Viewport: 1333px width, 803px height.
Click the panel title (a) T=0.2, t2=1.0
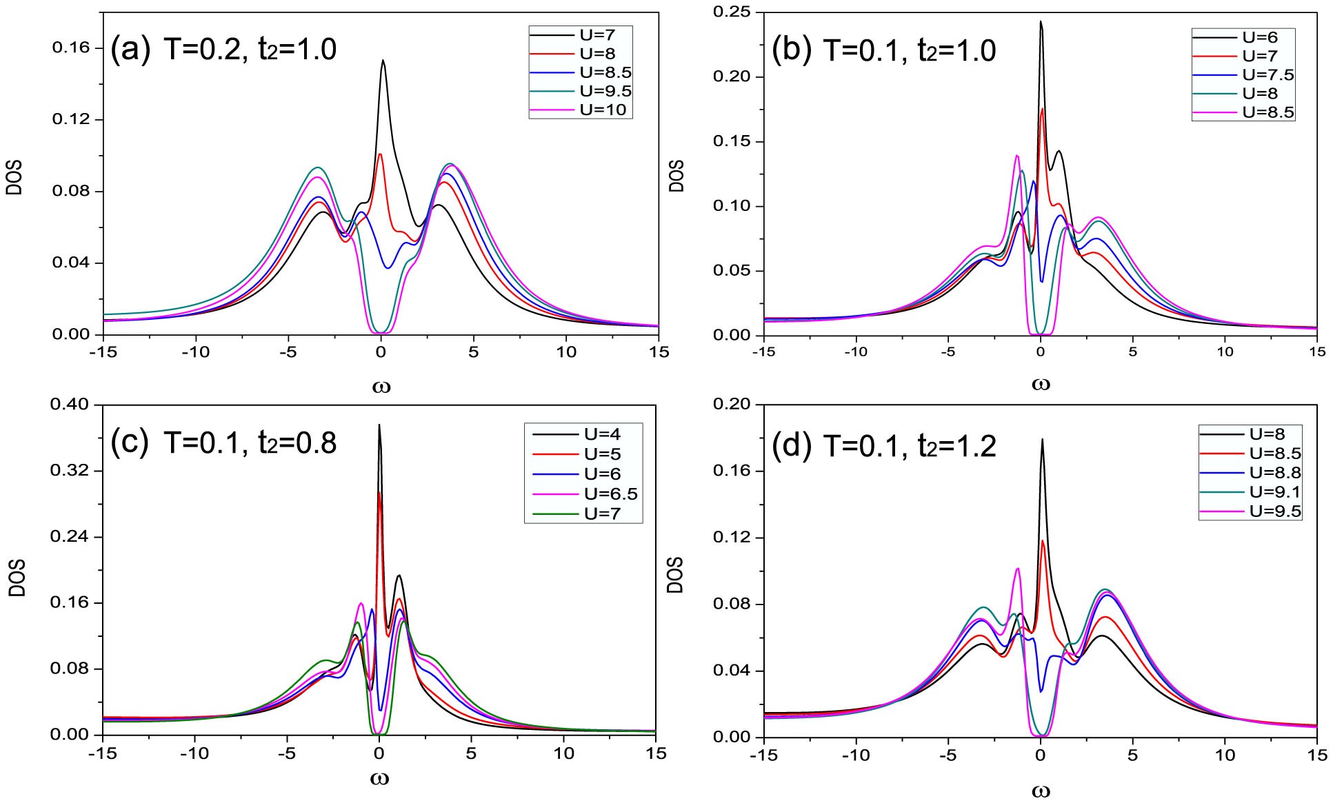(224, 50)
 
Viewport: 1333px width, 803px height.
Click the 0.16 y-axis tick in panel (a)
(73, 48)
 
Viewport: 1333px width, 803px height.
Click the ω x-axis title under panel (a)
(381, 385)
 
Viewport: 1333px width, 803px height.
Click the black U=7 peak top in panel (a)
(383, 61)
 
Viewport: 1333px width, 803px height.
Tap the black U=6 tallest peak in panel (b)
(1041, 22)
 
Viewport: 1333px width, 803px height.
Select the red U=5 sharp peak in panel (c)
(380, 493)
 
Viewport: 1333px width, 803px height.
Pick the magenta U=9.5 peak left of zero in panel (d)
(1017, 569)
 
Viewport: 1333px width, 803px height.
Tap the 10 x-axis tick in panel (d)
(1225, 753)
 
